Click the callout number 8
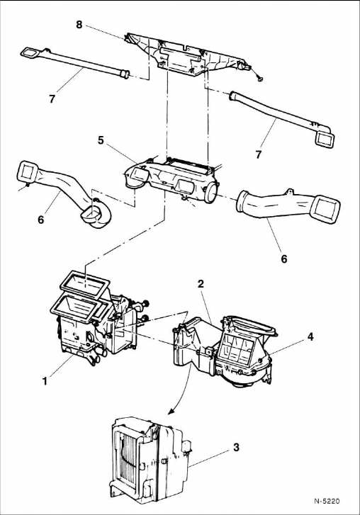[79, 24]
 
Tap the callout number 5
[101, 140]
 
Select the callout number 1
[45, 381]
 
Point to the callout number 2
[201, 283]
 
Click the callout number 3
[236, 447]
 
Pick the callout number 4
[310, 336]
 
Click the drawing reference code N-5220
[327, 501]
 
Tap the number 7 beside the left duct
[52, 98]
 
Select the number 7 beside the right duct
[259, 154]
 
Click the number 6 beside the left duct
[40, 220]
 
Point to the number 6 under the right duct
[284, 259]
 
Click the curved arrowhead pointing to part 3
[171, 411]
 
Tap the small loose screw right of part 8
[260, 79]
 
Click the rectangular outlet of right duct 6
[326, 209]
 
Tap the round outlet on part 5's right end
[211, 193]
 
